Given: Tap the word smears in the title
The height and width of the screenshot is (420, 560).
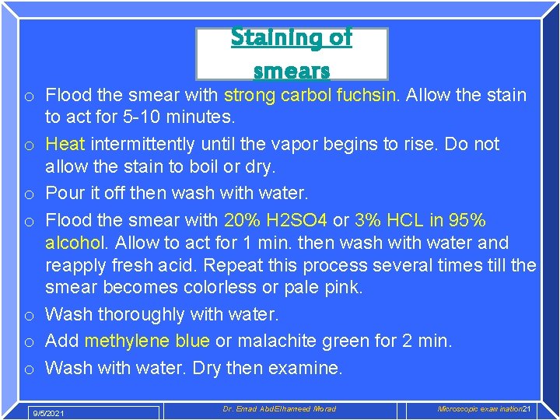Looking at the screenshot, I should click(292, 70).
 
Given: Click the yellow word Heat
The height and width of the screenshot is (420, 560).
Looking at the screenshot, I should click(65, 145).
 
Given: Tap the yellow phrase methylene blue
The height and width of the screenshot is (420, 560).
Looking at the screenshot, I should click(147, 341).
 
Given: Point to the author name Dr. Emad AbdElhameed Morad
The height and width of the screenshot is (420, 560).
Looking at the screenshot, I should click(279, 409).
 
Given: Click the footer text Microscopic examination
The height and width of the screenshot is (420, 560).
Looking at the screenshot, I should click(479, 409).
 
